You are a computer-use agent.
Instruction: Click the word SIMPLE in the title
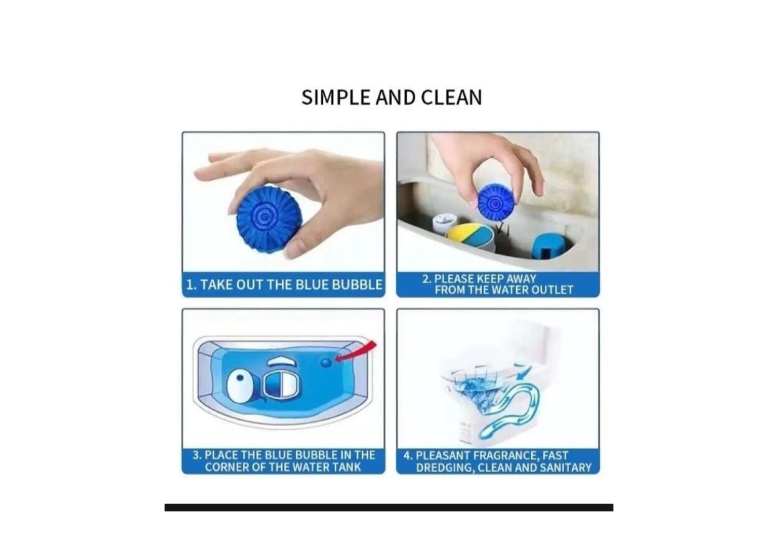(x=337, y=97)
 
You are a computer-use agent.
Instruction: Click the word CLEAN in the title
(x=451, y=97)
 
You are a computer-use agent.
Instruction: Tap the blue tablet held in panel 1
(x=269, y=220)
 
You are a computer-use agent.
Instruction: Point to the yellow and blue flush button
(x=471, y=238)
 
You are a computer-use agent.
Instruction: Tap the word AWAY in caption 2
(x=521, y=279)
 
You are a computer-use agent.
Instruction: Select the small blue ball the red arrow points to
(x=326, y=362)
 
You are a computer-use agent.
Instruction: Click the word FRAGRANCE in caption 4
(x=506, y=455)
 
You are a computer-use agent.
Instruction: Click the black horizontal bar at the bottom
(x=388, y=507)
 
